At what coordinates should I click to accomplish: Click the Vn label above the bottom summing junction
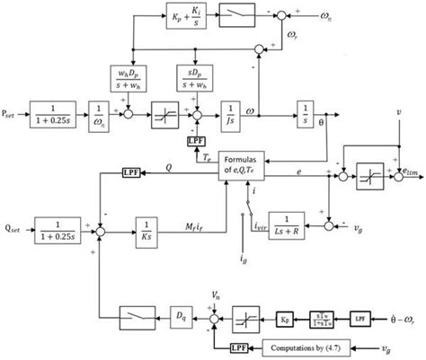215,294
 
